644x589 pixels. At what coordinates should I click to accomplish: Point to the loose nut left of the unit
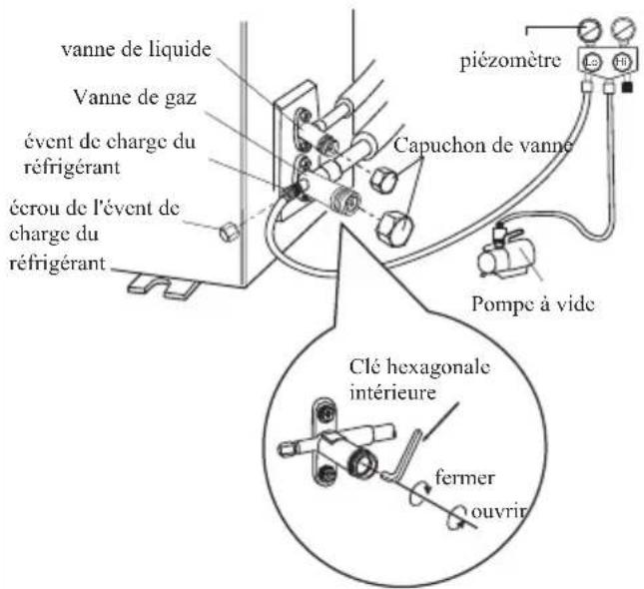[x=227, y=232]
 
